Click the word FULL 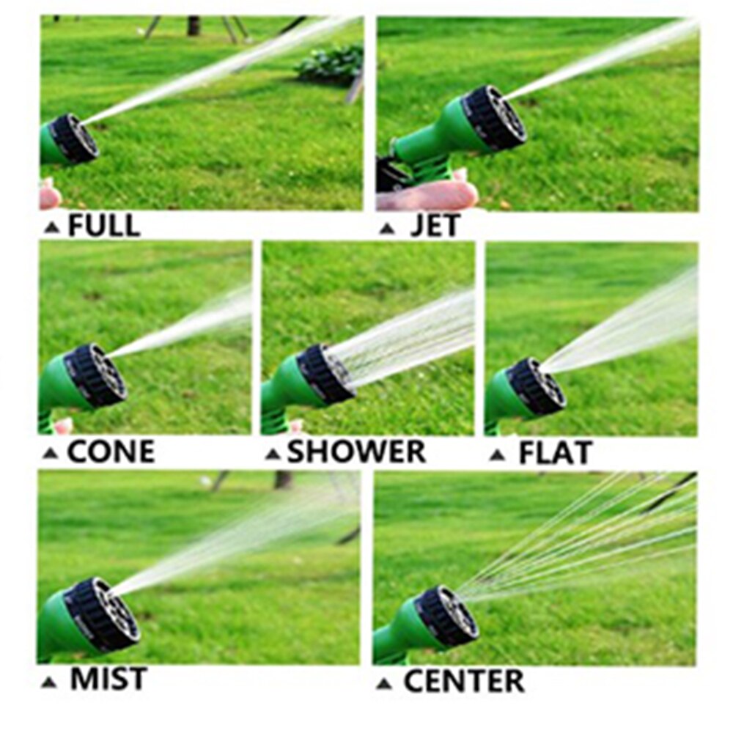pos(104,226)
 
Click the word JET pos(435,226)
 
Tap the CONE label pos(111,452)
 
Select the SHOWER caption pos(356,452)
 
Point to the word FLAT pos(555,454)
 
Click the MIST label pos(108,679)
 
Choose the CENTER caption pos(464,681)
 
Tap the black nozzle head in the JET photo pos(496,117)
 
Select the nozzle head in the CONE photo pos(96,375)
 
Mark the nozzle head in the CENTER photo pos(447,616)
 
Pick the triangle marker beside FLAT pos(497,456)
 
